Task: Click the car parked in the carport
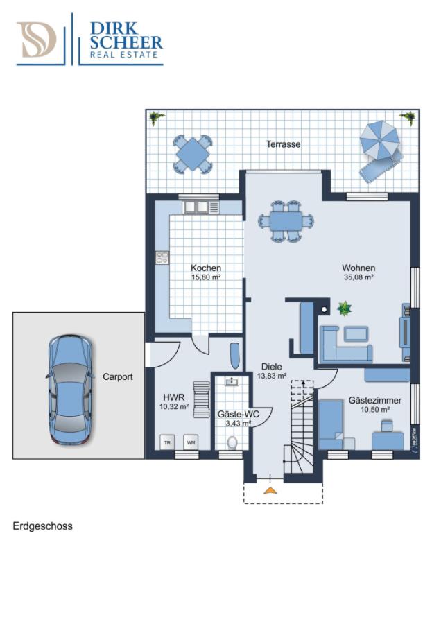(x=69, y=390)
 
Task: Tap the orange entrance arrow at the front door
(x=270, y=490)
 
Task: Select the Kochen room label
(x=206, y=268)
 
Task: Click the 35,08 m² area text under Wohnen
(x=358, y=277)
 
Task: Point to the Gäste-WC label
(x=239, y=414)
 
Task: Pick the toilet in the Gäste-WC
(x=232, y=442)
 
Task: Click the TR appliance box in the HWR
(x=167, y=442)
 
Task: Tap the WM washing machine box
(x=189, y=442)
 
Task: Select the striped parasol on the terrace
(x=380, y=140)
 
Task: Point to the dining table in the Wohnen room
(x=287, y=221)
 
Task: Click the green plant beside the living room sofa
(x=343, y=308)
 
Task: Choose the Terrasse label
(x=284, y=144)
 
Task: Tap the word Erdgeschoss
(x=42, y=526)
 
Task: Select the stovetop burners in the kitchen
(x=163, y=259)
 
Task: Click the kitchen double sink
(x=196, y=207)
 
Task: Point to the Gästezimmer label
(x=374, y=400)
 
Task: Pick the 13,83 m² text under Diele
(x=272, y=376)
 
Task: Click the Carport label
(x=118, y=377)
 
